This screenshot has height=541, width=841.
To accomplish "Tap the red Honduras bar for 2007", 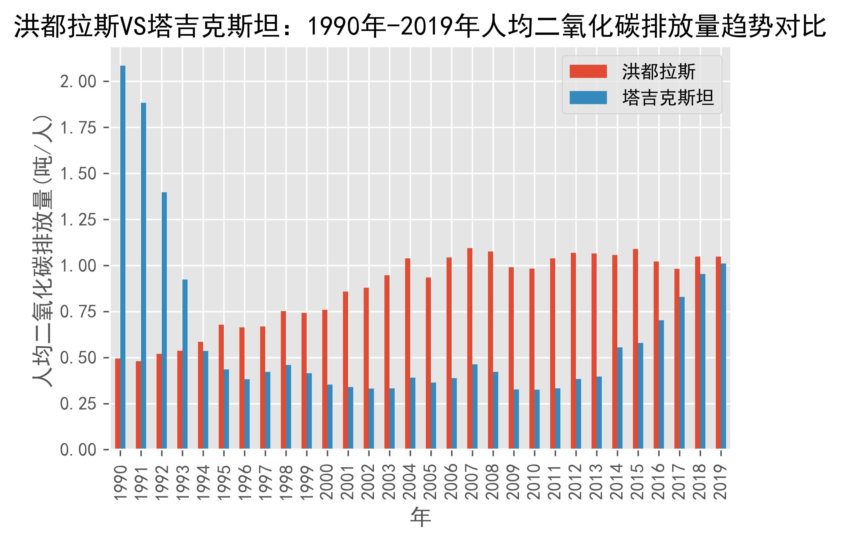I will coord(470,348).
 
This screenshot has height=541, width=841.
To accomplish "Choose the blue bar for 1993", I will coord(185,364).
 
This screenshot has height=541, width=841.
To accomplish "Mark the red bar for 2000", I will coord(325,379).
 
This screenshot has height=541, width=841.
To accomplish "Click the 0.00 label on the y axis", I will coord(78,450).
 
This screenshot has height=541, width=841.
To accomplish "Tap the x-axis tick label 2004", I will coord(410,482).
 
